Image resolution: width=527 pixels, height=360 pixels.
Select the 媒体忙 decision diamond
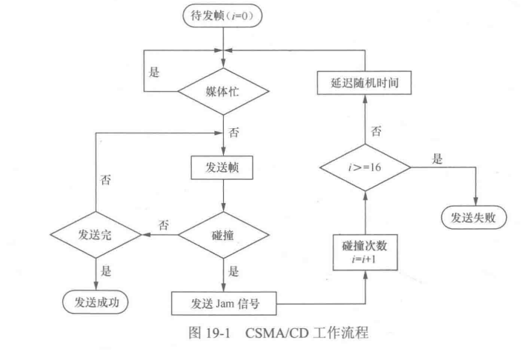point(223,92)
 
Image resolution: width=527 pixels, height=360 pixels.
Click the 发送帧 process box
point(223,167)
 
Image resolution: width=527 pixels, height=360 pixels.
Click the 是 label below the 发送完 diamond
point(108,272)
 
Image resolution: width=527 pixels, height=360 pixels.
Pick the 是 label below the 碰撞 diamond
point(236,272)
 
